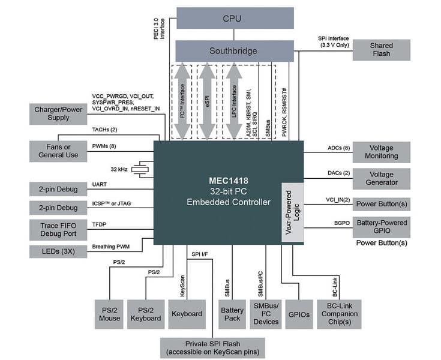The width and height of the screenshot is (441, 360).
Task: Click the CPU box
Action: point(235,18)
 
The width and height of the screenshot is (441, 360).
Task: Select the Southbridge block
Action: point(235,50)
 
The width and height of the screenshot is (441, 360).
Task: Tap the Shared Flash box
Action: point(381,50)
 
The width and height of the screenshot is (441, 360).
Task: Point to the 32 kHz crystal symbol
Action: point(141,169)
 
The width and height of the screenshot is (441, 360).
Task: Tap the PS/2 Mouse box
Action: point(110,313)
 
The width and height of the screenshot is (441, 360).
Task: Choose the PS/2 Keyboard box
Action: point(146,313)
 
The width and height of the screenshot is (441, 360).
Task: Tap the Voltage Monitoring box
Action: point(381,151)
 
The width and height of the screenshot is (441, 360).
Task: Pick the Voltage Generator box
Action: point(381,178)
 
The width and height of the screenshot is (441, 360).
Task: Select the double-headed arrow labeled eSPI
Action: point(207,100)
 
